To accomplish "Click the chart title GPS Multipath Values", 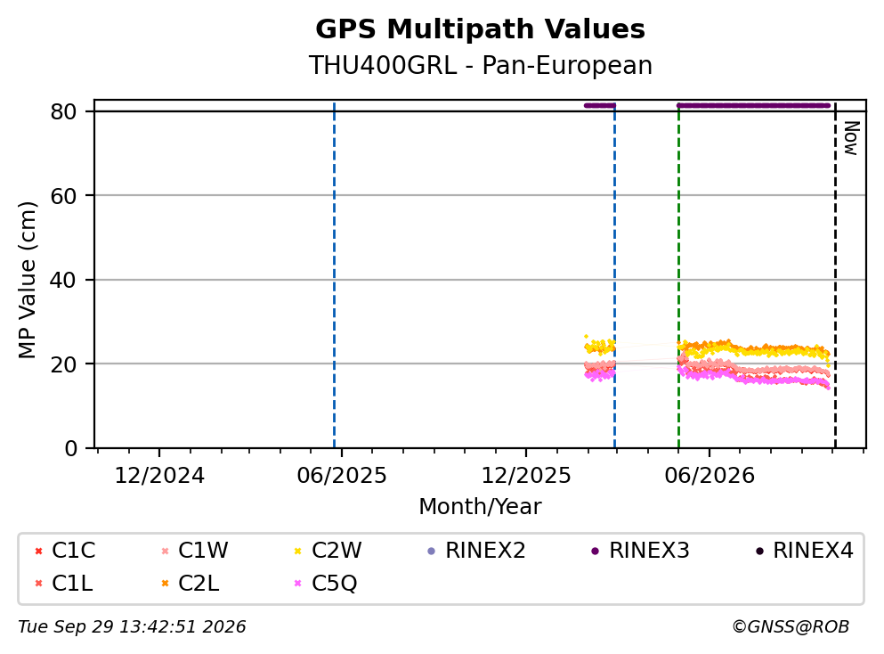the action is pyautogui.click(x=480, y=29).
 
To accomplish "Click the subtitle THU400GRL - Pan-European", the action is pyautogui.click(x=480, y=65).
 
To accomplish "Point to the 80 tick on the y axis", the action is pyautogui.click(x=63, y=111).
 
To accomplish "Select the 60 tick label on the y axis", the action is pyautogui.click(x=63, y=196).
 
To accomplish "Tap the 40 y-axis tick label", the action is pyautogui.click(x=63, y=280).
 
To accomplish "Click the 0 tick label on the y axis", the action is pyautogui.click(x=70, y=448).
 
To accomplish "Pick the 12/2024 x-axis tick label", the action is pyautogui.click(x=159, y=476).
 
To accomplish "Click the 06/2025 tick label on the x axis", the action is pyautogui.click(x=342, y=476).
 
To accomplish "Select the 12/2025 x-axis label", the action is pyautogui.click(x=526, y=476).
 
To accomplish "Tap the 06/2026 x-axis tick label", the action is pyautogui.click(x=710, y=476).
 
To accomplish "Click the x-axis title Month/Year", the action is pyautogui.click(x=480, y=507).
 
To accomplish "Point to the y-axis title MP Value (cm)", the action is pyautogui.click(x=27, y=280).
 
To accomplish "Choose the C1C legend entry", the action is pyautogui.click(x=65, y=550).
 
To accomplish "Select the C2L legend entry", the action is pyautogui.click(x=190, y=583).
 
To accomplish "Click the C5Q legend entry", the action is pyautogui.click(x=326, y=583).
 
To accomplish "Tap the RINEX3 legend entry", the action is pyautogui.click(x=640, y=550).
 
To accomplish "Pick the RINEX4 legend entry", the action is pyautogui.click(x=805, y=550).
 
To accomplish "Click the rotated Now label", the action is pyautogui.click(x=851, y=138).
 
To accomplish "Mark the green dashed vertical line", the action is pyautogui.click(x=678, y=276).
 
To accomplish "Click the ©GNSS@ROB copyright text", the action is pyautogui.click(x=791, y=626).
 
